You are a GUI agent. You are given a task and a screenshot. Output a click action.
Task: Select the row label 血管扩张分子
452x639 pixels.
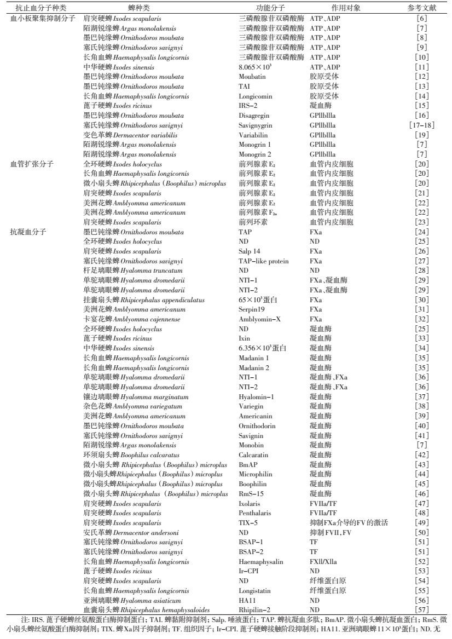point(31,164)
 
